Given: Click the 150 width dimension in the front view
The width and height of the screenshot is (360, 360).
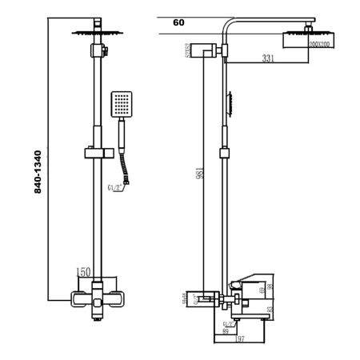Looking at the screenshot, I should (x=84, y=273).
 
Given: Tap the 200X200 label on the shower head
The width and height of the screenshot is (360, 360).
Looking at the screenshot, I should (x=322, y=45).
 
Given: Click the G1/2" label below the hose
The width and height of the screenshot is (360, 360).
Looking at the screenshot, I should (x=116, y=189).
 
